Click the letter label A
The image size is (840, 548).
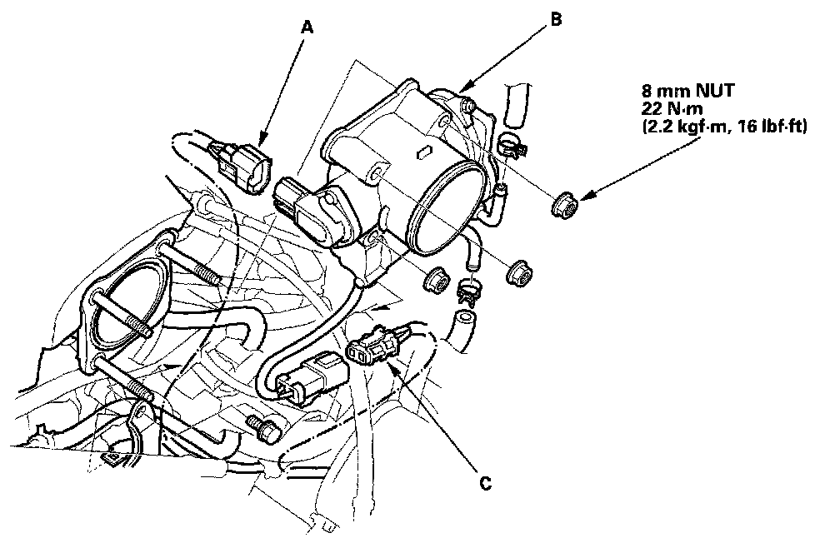click(x=307, y=27)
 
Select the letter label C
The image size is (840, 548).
click(x=485, y=481)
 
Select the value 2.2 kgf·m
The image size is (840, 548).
click(x=678, y=127)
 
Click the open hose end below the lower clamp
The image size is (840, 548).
click(x=462, y=320)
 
